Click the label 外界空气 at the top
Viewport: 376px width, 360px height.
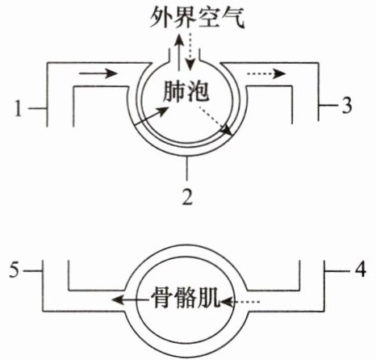[x=197, y=19]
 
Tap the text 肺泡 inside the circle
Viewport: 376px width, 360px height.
[x=186, y=91]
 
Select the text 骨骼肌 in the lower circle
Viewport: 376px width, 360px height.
[x=186, y=299]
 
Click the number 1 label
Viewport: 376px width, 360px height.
[x=18, y=108]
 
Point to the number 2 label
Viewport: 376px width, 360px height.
[x=187, y=196]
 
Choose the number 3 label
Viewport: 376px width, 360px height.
[x=346, y=105]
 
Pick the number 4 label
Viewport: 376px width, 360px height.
[x=360, y=269]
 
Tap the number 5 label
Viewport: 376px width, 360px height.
[x=15, y=270]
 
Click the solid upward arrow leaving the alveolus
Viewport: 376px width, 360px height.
[x=178, y=52]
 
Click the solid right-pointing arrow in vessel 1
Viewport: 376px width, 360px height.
[x=98, y=73]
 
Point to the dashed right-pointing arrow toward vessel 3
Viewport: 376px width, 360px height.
[x=266, y=73]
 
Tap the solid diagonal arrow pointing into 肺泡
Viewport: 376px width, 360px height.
[x=151, y=116]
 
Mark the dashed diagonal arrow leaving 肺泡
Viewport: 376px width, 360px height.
[x=214, y=120]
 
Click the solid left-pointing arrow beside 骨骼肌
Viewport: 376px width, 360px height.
[x=131, y=299]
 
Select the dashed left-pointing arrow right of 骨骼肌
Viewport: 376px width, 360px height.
[x=240, y=302]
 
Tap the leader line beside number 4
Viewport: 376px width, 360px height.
[x=337, y=270]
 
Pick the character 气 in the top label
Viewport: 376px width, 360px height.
[x=234, y=19]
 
